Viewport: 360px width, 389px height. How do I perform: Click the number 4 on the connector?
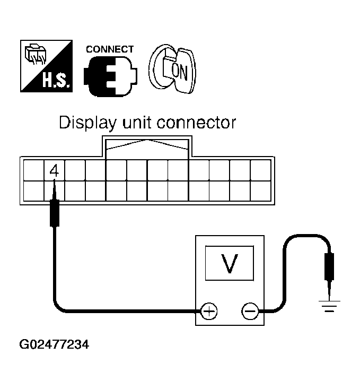(54, 170)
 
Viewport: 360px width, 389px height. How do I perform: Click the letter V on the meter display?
(229, 263)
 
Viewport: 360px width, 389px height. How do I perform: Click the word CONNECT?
(109, 49)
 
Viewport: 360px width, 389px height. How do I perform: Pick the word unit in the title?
(138, 124)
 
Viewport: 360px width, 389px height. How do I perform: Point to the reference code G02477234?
(54, 345)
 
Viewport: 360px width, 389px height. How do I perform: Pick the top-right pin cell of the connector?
(260, 170)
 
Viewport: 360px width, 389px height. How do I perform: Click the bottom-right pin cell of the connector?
(260, 191)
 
